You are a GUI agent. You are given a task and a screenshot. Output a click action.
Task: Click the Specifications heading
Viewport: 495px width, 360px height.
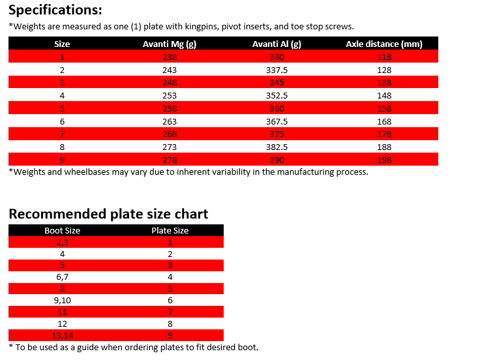[x=55, y=10]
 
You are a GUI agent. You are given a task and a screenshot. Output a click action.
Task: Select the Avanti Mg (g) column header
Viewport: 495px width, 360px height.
[x=169, y=44]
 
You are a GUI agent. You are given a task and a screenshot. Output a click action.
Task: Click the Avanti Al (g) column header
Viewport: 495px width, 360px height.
[x=277, y=44]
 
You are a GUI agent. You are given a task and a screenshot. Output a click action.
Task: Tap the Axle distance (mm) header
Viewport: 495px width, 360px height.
[x=384, y=44]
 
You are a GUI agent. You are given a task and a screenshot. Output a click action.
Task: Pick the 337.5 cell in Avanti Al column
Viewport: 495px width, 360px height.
[x=277, y=70]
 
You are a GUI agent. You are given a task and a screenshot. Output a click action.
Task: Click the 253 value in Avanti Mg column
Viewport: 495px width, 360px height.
[x=169, y=95]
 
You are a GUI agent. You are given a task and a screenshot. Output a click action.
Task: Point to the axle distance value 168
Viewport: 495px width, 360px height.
[x=384, y=121]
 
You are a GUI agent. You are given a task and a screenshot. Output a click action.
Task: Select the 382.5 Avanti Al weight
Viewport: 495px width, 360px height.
[x=277, y=146]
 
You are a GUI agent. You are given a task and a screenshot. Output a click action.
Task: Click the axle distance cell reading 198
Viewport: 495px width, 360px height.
[x=384, y=159]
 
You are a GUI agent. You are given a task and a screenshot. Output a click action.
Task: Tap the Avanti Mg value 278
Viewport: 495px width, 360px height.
[x=169, y=159]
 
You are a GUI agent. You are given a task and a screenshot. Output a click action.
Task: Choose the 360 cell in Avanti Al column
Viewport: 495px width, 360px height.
[x=277, y=108]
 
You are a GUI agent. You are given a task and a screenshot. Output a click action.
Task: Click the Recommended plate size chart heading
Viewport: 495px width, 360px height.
[x=108, y=214]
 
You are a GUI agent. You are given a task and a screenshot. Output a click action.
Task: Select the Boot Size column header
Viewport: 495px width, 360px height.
[x=62, y=230]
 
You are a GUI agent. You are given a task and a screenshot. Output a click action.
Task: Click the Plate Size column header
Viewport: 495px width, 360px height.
[x=170, y=230]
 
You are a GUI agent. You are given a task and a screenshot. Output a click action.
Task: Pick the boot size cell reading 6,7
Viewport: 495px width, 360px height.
[x=62, y=277]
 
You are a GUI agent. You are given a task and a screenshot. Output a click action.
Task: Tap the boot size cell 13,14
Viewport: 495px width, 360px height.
[x=62, y=335]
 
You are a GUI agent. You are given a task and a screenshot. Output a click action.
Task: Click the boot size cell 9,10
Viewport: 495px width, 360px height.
[x=62, y=300]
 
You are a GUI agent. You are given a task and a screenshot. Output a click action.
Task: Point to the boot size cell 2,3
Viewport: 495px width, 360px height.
[x=62, y=242]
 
